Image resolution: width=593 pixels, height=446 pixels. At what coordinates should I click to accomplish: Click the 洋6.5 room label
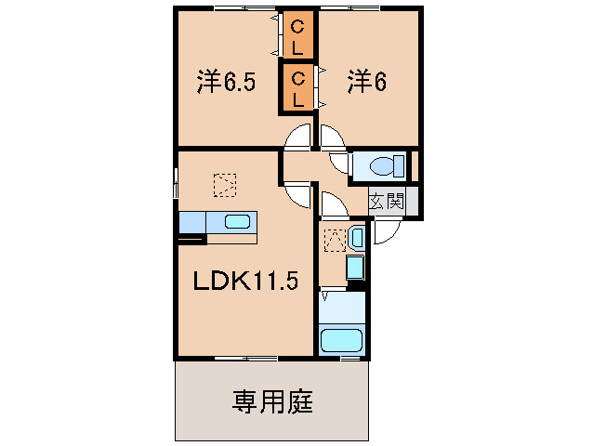click(x=226, y=82)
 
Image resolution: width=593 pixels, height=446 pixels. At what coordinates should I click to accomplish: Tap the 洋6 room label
click(x=367, y=82)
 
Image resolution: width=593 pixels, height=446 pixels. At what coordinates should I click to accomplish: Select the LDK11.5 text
click(x=245, y=281)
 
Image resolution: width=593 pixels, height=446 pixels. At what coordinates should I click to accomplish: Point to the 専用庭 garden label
click(x=272, y=401)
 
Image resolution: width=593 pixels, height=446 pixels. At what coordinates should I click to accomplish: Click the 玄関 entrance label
click(x=387, y=200)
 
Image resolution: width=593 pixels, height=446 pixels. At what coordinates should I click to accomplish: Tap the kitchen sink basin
click(x=236, y=222)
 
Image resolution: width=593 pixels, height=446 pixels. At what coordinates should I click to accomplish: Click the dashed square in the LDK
click(x=224, y=185)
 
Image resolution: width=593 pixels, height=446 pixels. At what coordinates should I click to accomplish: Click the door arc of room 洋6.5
click(x=298, y=138)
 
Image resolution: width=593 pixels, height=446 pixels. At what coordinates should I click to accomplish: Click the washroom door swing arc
click(x=333, y=205)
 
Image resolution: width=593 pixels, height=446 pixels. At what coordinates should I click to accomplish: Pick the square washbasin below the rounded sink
click(x=354, y=269)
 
